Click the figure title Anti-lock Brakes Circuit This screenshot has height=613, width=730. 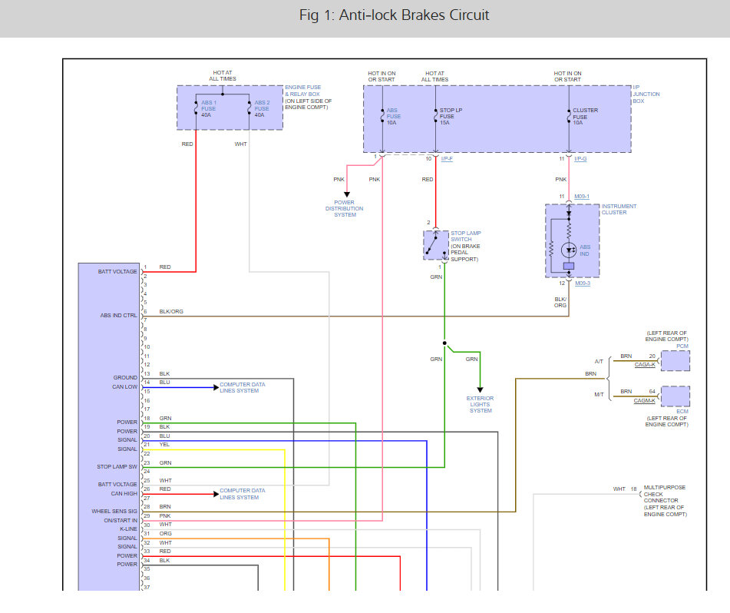pyautogui.click(x=394, y=15)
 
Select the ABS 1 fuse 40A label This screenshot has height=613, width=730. pyautogui.click(x=209, y=108)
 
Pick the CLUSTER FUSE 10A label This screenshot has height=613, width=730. pyautogui.click(x=585, y=116)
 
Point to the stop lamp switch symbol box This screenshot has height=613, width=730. pyautogui.click(x=436, y=245)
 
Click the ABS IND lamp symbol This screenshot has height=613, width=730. pyautogui.click(x=569, y=250)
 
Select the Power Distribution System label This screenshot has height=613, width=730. pyautogui.click(x=345, y=208)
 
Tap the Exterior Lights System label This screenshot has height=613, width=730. pyautogui.click(x=481, y=404)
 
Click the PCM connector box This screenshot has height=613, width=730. pyautogui.click(x=675, y=360)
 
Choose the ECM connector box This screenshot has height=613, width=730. pyautogui.click(x=675, y=396)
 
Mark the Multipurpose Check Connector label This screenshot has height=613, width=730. pyautogui.click(x=665, y=501)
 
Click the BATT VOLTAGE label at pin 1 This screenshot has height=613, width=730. pyautogui.click(x=117, y=271)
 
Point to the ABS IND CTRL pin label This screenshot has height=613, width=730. pyautogui.click(x=119, y=315)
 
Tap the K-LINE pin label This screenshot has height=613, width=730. pyautogui.click(x=127, y=529)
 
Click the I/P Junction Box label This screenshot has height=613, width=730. pyautogui.click(x=646, y=94)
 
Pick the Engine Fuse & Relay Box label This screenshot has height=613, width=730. pyautogui.click(x=306, y=97)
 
